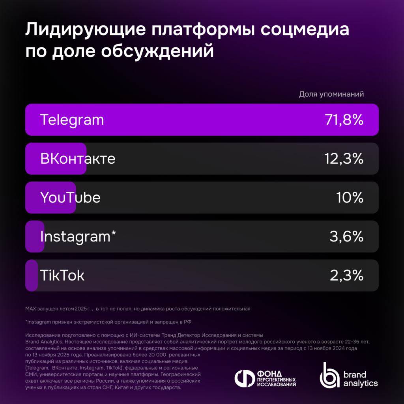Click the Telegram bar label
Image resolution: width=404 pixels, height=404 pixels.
coord(72,120)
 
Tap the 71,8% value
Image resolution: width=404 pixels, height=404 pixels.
coord(343,120)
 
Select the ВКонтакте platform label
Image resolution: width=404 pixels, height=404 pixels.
coord(78,159)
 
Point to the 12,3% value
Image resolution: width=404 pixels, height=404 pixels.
coord(343,159)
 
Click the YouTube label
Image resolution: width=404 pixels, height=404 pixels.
coord(70,198)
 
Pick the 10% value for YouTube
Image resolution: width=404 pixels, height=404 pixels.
coord(350,198)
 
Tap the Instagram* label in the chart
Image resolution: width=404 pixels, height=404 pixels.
coord(78,236)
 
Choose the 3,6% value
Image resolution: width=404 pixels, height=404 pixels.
coord(346,236)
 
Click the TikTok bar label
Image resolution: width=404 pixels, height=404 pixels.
coord(62,275)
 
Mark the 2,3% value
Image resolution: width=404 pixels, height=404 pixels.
coord(346,275)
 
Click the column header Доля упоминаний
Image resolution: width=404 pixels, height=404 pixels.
coord(331,94)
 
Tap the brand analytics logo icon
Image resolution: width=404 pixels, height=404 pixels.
coord(329,375)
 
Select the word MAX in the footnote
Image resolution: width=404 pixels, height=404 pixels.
coord(31,309)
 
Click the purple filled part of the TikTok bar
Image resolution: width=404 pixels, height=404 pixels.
coord(32,275)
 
